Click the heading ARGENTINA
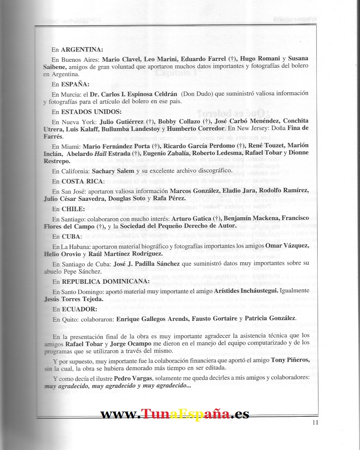[x=82, y=50]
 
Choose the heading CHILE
[x=72, y=209]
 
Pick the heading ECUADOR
[x=79, y=309]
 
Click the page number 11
[x=315, y=422]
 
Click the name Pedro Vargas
[x=131, y=378]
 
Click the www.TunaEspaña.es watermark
[x=175, y=414]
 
